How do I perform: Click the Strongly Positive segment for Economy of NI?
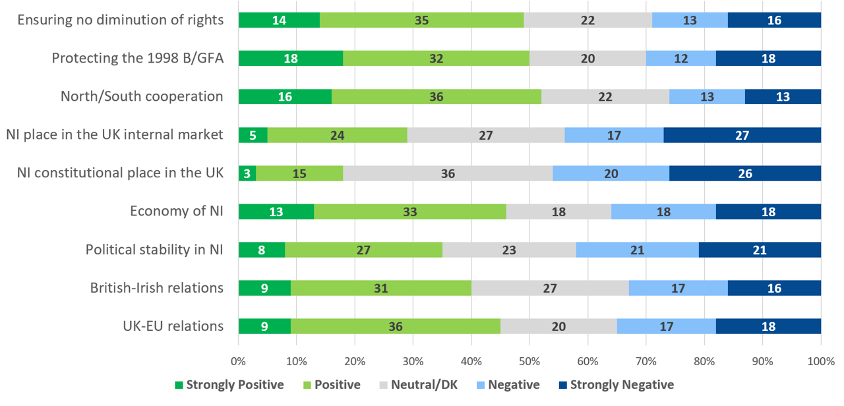click(276, 212)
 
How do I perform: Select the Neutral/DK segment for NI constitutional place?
click(448, 173)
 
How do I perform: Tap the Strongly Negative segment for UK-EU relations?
click(768, 326)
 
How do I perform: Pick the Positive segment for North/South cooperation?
click(437, 97)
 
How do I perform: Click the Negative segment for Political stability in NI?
click(637, 250)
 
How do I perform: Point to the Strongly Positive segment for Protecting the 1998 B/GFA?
click(291, 59)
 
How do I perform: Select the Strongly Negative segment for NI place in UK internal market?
click(742, 135)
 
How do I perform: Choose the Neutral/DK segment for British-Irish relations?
click(550, 288)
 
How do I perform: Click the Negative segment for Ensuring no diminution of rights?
click(690, 20)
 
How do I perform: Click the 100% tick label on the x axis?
click(821, 361)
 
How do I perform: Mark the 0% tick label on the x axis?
click(238, 361)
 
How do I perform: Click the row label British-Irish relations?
click(156, 288)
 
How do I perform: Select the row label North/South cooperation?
click(142, 97)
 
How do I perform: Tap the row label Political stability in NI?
click(154, 250)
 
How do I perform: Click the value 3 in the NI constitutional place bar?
click(247, 173)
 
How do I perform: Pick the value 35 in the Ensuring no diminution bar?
click(422, 20)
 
